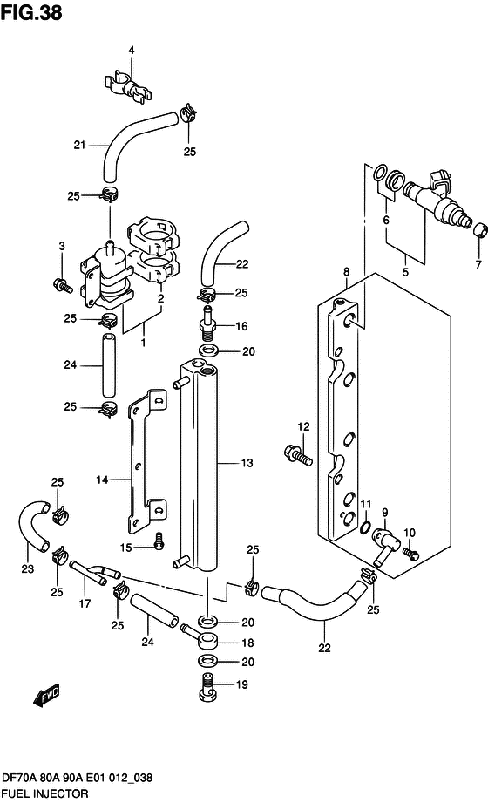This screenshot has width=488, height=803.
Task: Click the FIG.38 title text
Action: (x=31, y=12)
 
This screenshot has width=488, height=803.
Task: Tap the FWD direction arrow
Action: (x=46, y=696)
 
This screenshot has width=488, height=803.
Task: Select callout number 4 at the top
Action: (x=132, y=51)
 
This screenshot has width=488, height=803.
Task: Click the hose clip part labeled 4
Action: (x=128, y=88)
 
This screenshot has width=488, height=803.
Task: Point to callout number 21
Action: (x=79, y=145)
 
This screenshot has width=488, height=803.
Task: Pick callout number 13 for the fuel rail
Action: (x=247, y=463)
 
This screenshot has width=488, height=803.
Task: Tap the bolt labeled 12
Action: (x=297, y=455)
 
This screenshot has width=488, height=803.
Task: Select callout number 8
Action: (x=347, y=271)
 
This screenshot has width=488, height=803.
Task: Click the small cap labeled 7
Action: (x=480, y=231)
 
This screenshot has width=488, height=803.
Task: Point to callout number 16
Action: (x=241, y=326)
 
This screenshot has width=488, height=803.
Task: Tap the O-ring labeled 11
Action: (x=364, y=527)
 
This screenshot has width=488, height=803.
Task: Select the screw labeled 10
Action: (x=410, y=554)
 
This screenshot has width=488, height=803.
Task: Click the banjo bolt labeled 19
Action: (x=208, y=686)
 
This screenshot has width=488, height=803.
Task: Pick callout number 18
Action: (x=247, y=643)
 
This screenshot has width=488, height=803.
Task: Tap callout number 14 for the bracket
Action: (x=102, y=480)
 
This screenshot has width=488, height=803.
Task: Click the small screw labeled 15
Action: (x=159, y=541)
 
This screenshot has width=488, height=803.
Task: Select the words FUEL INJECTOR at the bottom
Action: (x=45, y=793)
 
